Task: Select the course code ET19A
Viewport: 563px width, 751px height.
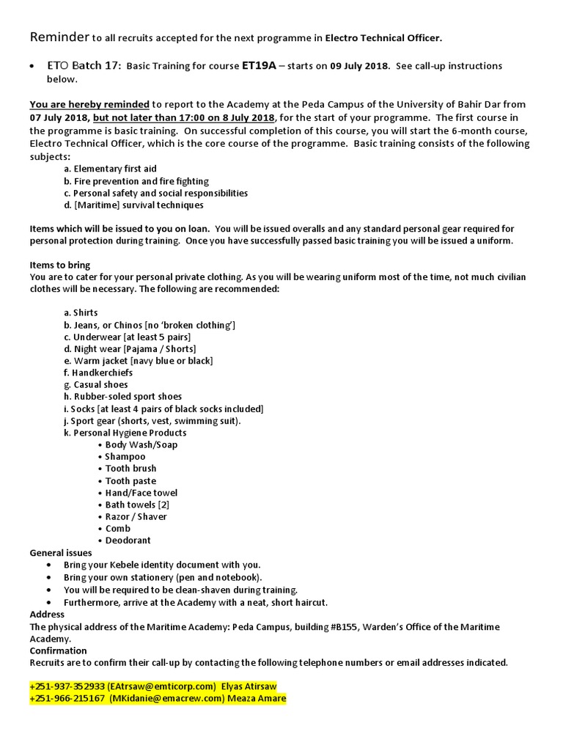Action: point(259,66)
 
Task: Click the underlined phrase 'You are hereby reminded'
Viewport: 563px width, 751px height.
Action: point(89,105)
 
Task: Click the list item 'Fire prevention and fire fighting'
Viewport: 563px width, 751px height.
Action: point(136,181)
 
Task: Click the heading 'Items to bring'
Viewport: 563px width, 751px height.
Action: point(60,265)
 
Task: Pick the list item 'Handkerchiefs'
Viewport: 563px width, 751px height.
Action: point(98,373)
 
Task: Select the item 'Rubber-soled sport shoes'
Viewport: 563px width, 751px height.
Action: point(122,397)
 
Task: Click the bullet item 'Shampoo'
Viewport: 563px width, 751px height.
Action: point(125,457)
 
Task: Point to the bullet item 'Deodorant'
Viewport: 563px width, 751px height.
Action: point(128,541)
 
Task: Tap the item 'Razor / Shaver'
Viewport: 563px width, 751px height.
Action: point(136,516)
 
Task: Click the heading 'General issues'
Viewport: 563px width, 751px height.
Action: point(61,553)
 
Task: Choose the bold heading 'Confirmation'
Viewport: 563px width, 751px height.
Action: point(58,651)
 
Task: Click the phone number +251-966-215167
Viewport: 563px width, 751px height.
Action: point(68,699)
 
